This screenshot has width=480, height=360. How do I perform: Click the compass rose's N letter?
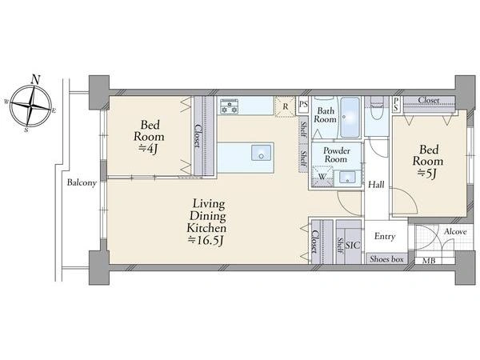(36, 80)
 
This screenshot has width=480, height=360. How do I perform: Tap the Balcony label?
(82, 182)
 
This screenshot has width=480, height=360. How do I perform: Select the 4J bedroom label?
(149, 136)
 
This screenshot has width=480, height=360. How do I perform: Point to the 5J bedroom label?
(428, 162)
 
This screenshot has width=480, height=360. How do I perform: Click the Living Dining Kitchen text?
(207, 222)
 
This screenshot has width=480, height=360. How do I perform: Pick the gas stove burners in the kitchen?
(230, 106)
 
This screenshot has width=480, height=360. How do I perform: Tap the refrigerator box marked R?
(286, 106)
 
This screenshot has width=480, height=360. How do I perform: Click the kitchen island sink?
(261, 153)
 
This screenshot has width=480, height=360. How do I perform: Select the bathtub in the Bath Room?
(350, 118)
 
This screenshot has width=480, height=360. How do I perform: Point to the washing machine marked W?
(322, 176)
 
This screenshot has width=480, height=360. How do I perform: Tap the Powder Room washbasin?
(347, 178)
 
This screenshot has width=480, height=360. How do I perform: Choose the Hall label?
(376, 185)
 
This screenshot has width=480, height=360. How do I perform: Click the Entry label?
(385, 236)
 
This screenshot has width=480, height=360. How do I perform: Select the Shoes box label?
(386, 259)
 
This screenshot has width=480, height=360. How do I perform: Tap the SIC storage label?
(353, 246)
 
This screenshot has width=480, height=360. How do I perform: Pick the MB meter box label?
(429, 261)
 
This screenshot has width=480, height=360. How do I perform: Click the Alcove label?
(455, 232)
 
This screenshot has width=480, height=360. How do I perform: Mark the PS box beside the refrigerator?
(303, 104)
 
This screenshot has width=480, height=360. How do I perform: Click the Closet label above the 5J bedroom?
(429, 100)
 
